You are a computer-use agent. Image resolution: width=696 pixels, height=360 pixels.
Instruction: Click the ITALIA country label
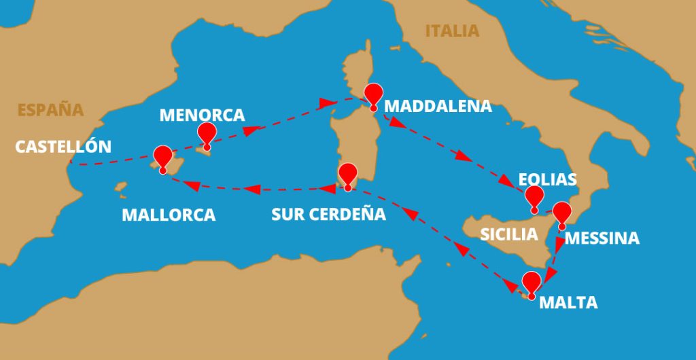pyautogui.click(x=452, y=31)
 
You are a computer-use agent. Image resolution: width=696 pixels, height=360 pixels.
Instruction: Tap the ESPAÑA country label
pyautogui.click(x=50, y=110)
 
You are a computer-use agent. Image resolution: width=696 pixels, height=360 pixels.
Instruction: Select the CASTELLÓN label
pyautogui.click(x=63, y=147)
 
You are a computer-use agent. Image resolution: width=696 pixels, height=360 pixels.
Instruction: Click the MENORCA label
pyautogui.click(x=202, y=115)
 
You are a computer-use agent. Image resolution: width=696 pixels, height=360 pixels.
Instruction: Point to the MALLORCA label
pyautogui.click(x=169, y=215)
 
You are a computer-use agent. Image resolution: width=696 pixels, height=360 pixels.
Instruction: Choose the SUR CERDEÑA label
pyautogui.click(x=328, y=215)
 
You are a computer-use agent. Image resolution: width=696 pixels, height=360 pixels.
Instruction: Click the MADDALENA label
pyautogui.click(x=438, y=107)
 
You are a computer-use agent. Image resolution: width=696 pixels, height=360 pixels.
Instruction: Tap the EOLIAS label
pyautogui.click(x=547, y=180)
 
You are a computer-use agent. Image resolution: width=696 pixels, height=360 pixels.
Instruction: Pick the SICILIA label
pyautogui.click(x=509, y=235)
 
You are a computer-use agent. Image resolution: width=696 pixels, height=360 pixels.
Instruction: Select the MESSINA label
pyautogui.click(x=602, y=238)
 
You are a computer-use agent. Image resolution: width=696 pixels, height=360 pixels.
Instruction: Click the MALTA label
pyautogui.click(x=568, y=303)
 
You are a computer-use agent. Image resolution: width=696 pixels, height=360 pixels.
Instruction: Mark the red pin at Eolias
pyautogui.click(x=535, y=196)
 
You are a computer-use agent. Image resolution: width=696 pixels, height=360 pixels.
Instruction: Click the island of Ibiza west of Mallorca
pyautogui.click(x=121, y=186)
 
